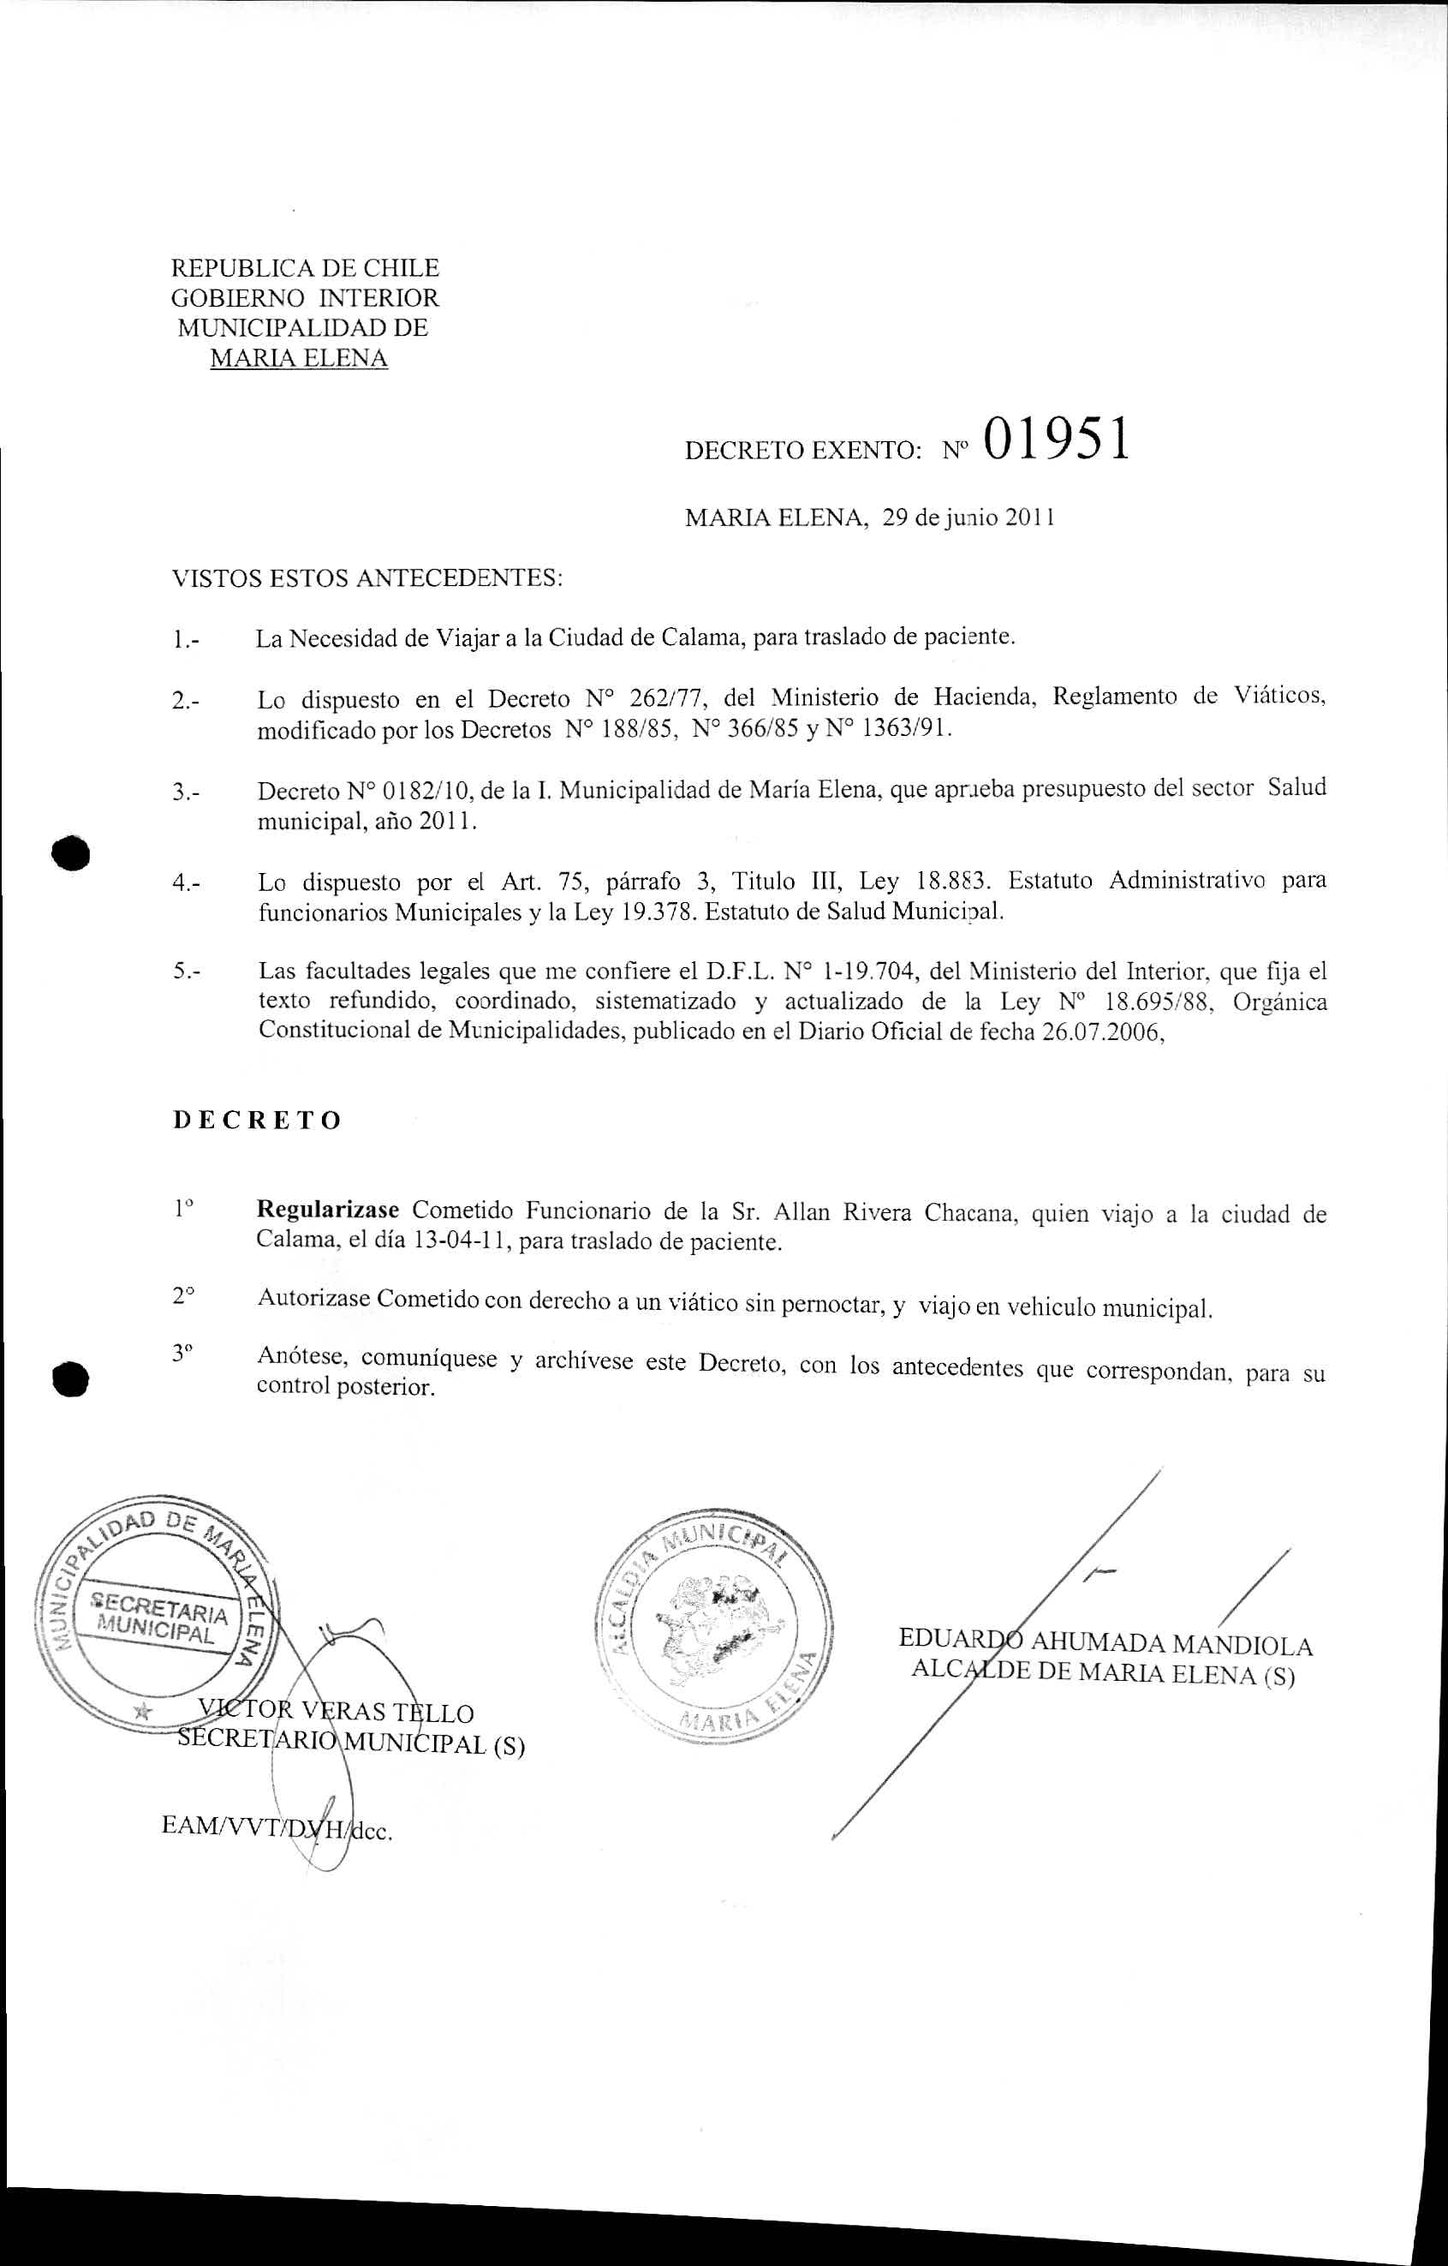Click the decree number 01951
pyautogui.click(x=1056, y=439)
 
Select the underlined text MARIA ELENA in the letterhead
pyautogui.click(x=298, y=357)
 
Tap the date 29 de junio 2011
pyautogui.click(x=968, y=517)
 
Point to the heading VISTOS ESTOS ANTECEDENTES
pyautogui.click(x=367, y=577)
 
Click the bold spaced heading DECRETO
pyautogui.click(x=257, y=1120)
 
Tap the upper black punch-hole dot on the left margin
pyautogui.click(x=70, y=852)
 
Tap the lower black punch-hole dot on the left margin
pyautogui.click(x=70, y=1379)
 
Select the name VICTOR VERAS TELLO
pyautogui.click(x=336, y=1713)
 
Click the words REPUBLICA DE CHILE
pyautogui.click(x=305, y=268)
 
